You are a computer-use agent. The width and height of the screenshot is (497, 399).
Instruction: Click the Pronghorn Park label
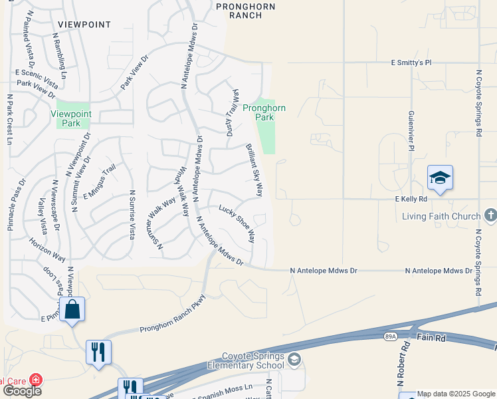tap(264, 112)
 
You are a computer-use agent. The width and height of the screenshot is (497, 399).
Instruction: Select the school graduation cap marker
tap(440, 178)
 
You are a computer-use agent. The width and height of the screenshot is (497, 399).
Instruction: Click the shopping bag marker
tap(72, 309)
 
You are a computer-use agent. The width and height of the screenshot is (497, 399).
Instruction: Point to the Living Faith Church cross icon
tap(490, 215)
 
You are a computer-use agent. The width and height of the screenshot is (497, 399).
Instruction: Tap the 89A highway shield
tap(390, 338)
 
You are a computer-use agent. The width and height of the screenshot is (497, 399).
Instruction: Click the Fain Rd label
tap(431, 338)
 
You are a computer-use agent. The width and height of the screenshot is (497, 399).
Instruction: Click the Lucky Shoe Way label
tap(237, 222)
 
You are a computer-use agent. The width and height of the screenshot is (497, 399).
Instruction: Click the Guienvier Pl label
tap(411, 130)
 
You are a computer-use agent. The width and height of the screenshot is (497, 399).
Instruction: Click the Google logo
tap(21, 391)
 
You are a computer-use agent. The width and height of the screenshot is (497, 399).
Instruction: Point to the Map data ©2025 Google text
tap(456, 394)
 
